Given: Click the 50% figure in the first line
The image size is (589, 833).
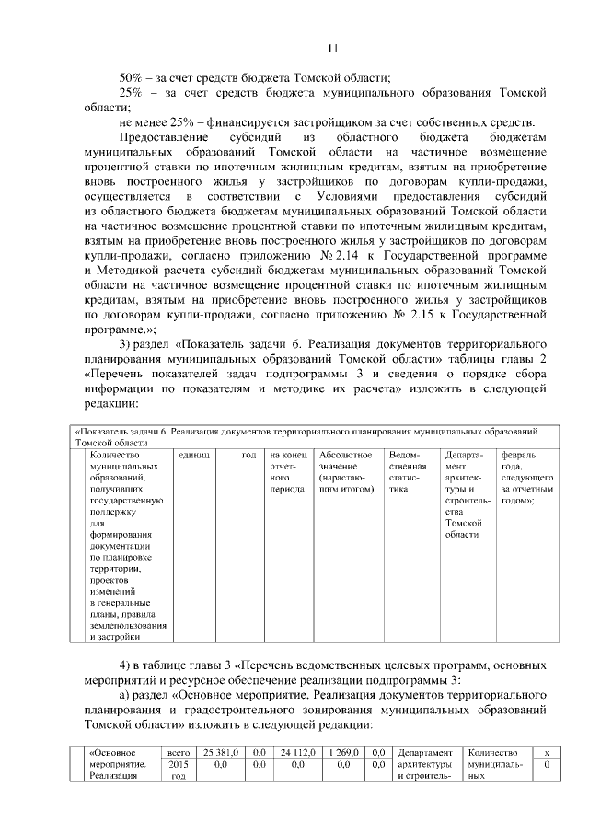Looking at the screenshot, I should pos(133,77).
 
